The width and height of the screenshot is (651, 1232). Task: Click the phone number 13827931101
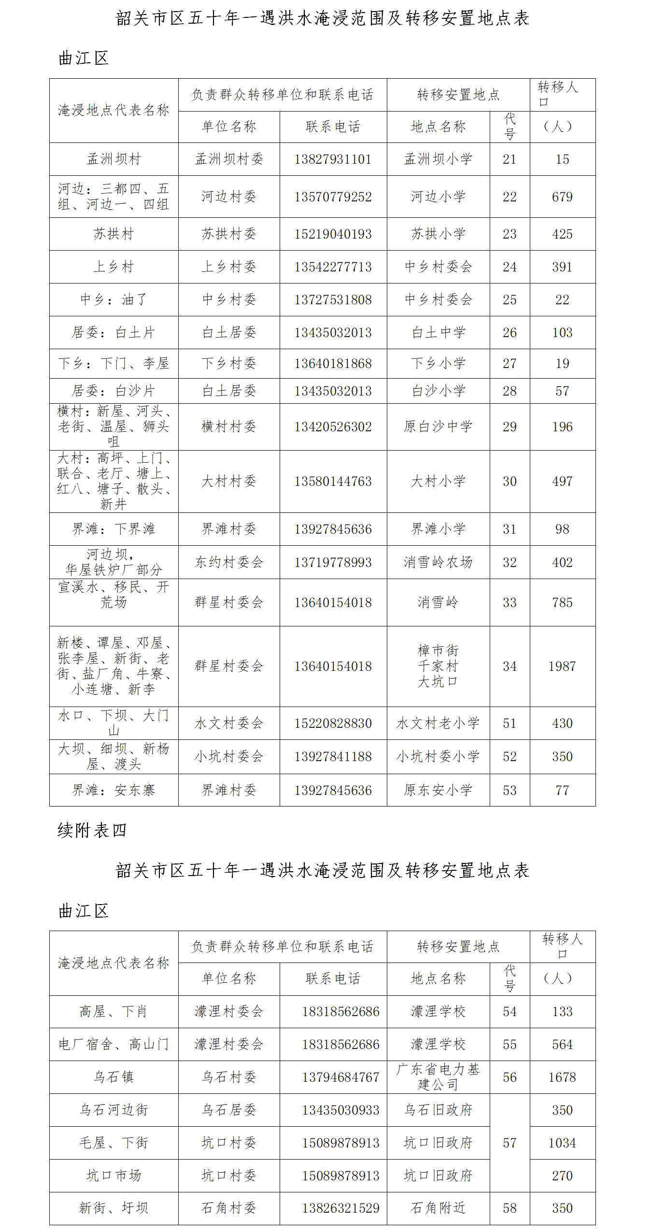click(x=333, y=159)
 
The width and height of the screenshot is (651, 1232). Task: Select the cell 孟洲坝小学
click(x=438, y=159)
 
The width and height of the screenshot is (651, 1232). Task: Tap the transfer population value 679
click(x=562, y=197)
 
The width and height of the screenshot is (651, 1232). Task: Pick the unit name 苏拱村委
click(x=228, y=234)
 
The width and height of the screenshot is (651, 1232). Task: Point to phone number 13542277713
click(x=333, y=267)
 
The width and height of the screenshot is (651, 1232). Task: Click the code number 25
click(x=509, y=299)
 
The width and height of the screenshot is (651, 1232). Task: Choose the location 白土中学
click(x=438, y=332)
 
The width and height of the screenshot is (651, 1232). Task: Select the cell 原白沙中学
click(x=438, y=426)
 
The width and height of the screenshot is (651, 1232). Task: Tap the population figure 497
click(x=562, y=481)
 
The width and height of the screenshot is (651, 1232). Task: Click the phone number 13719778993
click(x=333, y=562)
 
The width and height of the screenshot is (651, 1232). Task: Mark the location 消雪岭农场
click(x=438, y=562)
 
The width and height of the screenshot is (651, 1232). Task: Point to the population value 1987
click(x=562, y=666)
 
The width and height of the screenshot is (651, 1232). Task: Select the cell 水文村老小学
click(x=438, y=723)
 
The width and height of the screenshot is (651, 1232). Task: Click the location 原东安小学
click(x=438, y=790)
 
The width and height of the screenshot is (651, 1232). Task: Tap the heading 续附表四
click(x=92, y=830)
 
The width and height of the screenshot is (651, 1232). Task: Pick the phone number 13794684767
click(x=340, y=1077)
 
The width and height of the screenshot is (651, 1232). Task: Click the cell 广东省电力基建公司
click(x=438, y=1077)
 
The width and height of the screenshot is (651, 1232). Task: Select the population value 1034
click(x=562, y=1143)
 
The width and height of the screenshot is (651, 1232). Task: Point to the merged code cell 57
click(x=509, y=1143)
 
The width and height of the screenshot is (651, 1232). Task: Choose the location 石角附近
click(x=438, y=1208)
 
